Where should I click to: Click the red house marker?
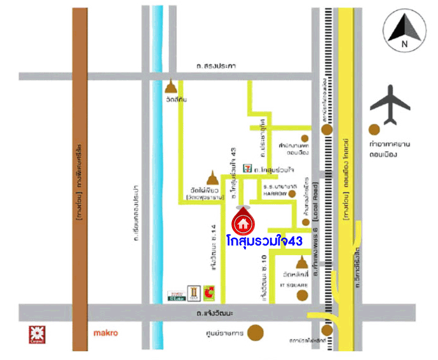pos(242,223)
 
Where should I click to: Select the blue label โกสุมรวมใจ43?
pos(264,241)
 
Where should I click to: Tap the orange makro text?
pos(106,333)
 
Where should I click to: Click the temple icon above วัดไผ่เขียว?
pos(212,176)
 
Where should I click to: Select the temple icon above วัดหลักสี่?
pos(301,261)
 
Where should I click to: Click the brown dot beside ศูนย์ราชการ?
pos(256,332)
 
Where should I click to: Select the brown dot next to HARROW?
pos(292,193)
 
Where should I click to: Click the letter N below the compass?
pos(403,45)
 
